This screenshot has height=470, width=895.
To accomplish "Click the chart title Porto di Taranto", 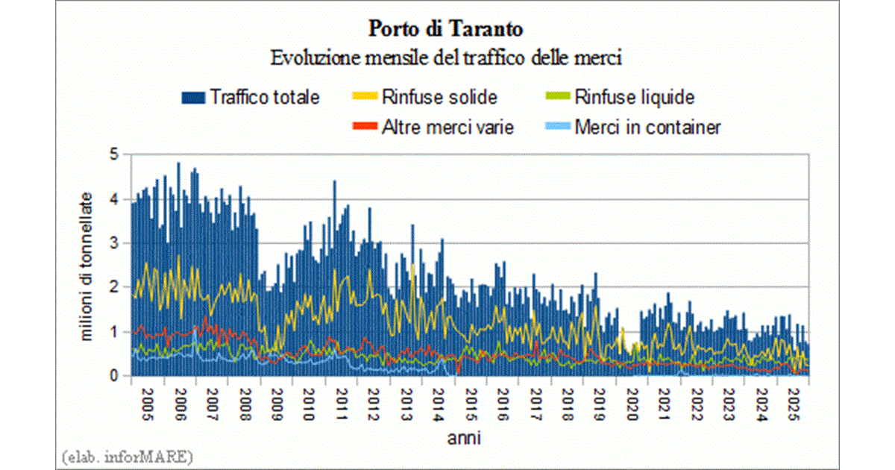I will point(446,30).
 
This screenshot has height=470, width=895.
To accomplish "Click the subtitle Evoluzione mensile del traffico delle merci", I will point(446,57).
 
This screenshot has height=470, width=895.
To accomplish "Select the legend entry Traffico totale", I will point(265,97).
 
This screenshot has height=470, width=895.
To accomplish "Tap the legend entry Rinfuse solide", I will point(439,97).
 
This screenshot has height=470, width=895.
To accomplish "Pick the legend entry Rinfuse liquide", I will point(634,97).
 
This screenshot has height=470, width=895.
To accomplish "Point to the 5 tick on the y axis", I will point(113,155).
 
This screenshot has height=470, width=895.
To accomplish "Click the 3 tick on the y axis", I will point(113,243).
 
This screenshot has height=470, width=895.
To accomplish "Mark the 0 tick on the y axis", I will point(113,376).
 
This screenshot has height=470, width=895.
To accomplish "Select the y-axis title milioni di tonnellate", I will point(87,266).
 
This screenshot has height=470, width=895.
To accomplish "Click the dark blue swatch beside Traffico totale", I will point(192,97).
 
